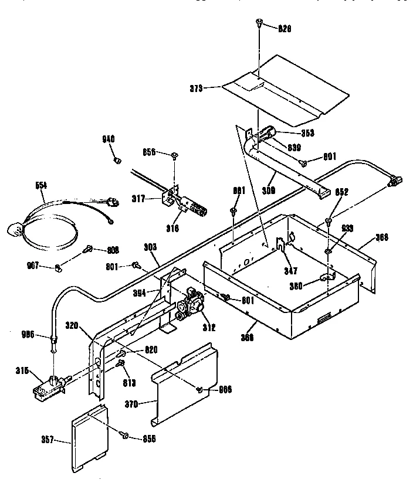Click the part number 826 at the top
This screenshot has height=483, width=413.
[285, 28]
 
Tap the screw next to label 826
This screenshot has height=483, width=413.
[259, 23]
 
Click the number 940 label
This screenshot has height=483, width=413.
[109, 139]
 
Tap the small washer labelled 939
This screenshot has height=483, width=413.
[328, 252]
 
